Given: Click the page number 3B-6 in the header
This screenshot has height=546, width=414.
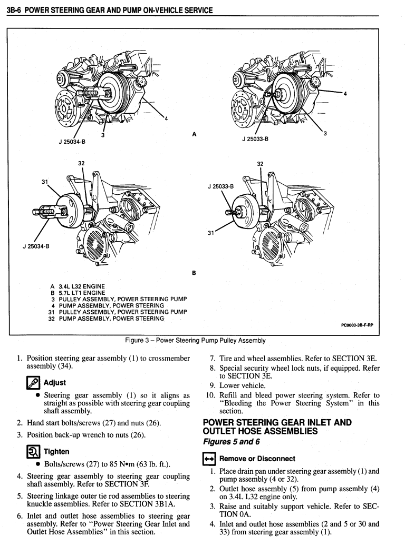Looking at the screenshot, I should pyautogui.click(x=15, y=10).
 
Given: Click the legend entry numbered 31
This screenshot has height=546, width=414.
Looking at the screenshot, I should pyautogui.click(x=116, y=312).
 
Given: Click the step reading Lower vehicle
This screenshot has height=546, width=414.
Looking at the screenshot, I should pyautogui.click(x=242, y=385).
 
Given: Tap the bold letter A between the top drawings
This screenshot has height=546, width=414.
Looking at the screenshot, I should pyautogui.click(x=195, y=134).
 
